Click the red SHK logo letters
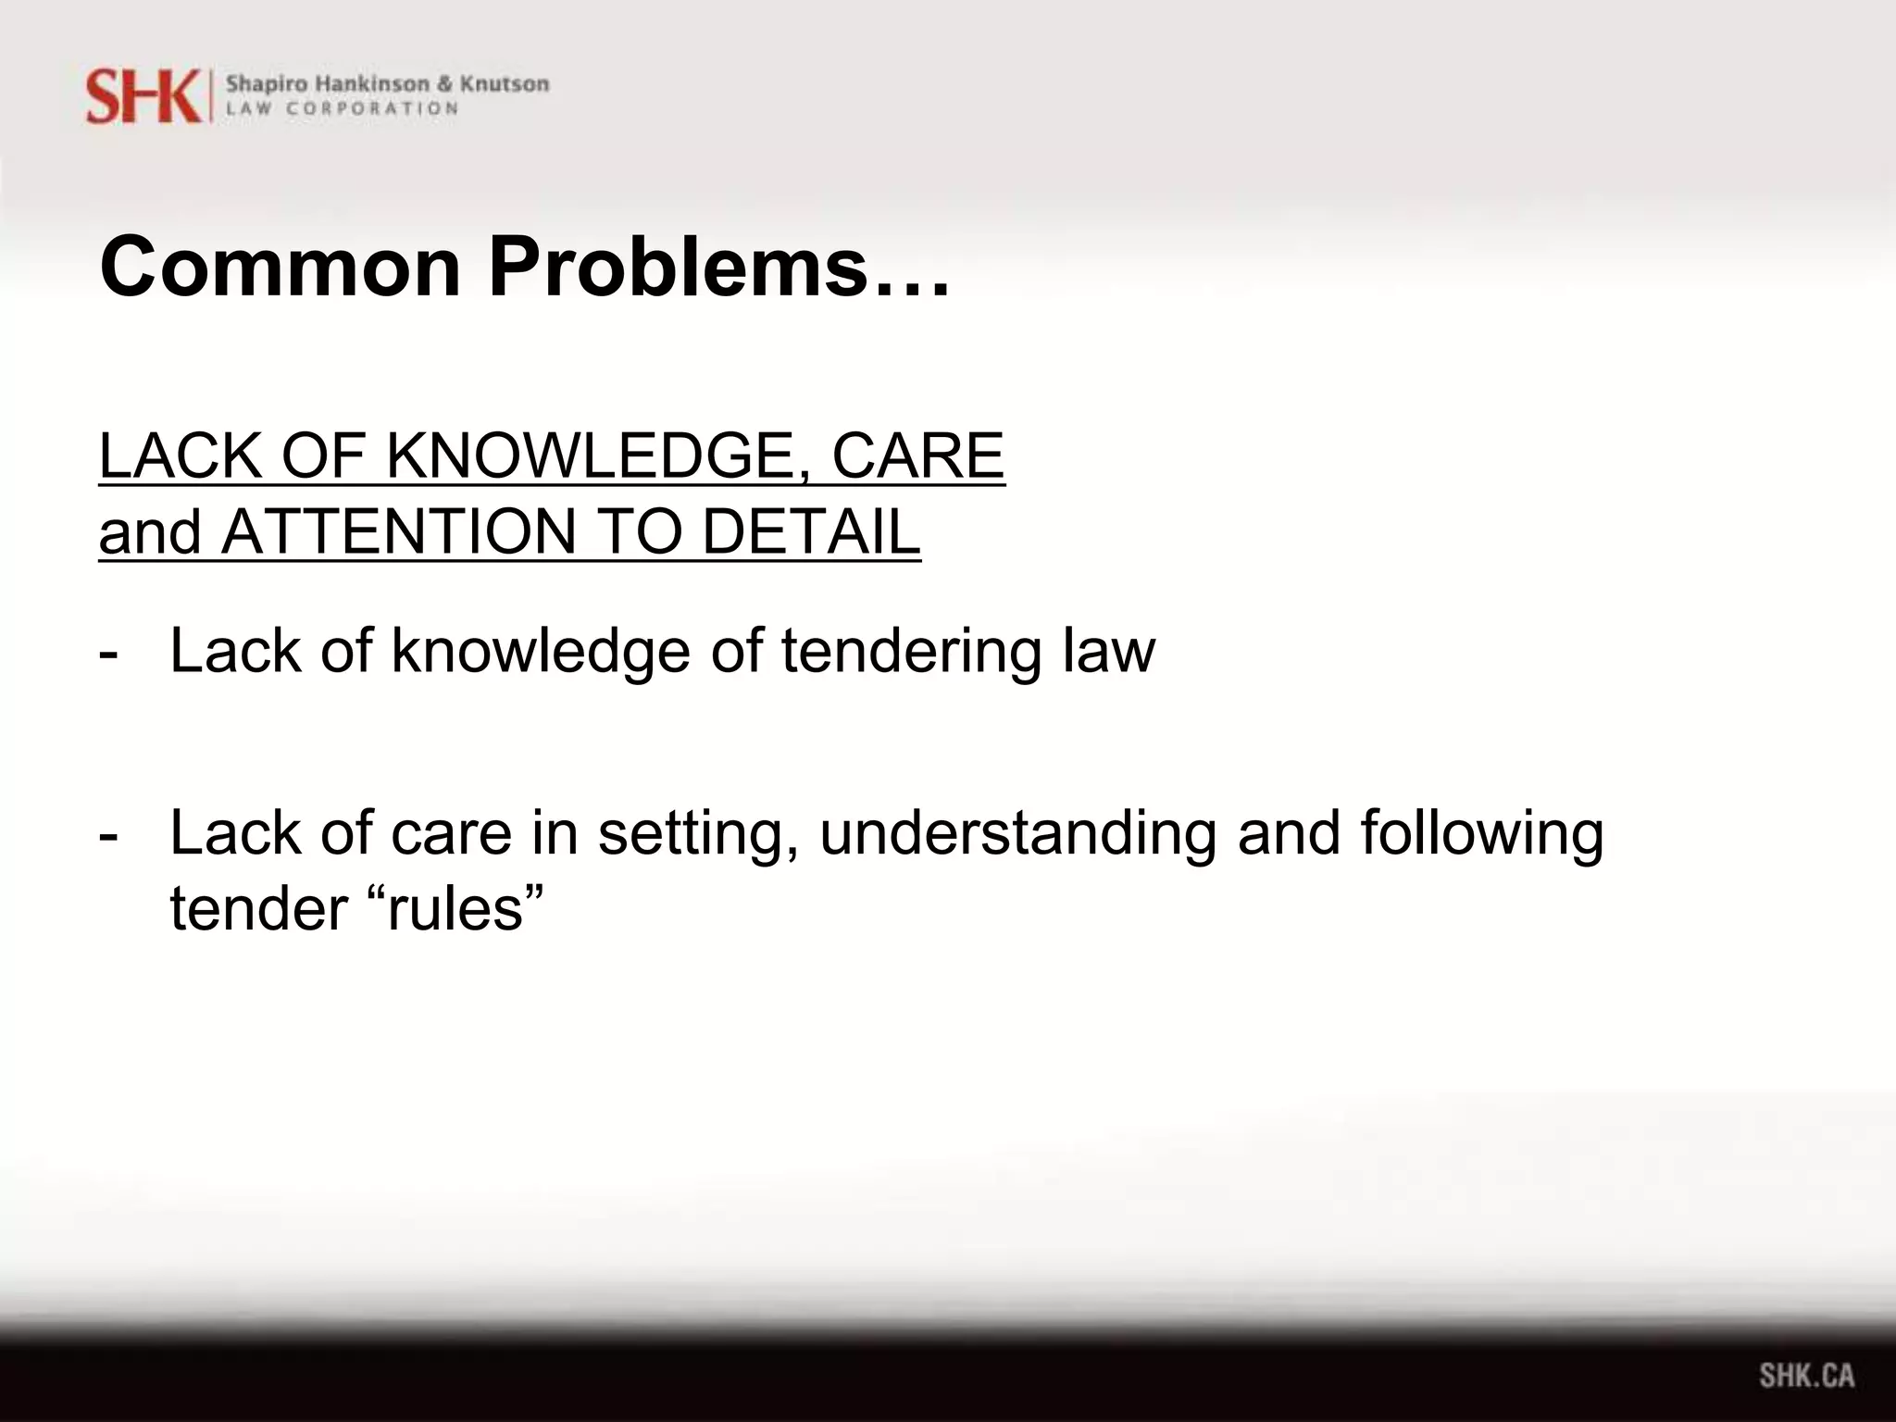pyautogui.click(x=143, y=96)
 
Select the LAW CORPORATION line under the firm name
pyautogui.click(x=343, y=108)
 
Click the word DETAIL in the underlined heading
pyautogui.click(x=811, y=532)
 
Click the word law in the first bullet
pyautogui.click(x=1108, y=651)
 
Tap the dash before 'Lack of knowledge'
pyautogui.click(x=108, y=653)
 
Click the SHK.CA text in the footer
pyautogui.click(x=1806, y=1375)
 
